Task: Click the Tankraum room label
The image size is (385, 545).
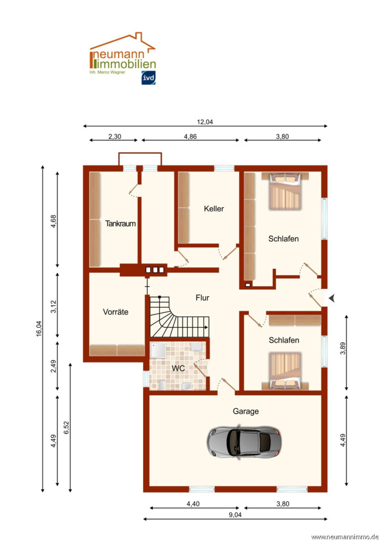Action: coord(120,224)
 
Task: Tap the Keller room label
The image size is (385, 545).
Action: coord(214,208)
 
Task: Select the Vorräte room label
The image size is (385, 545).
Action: coord(116,312)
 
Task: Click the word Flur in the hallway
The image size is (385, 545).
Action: coord(202,298)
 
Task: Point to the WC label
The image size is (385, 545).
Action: coord(178,368)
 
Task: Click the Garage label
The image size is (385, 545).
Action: coord(246,411)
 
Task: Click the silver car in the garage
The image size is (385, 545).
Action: coord(244,442)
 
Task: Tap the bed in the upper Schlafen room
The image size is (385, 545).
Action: coord(285,191)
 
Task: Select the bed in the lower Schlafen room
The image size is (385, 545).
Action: coord(285,371)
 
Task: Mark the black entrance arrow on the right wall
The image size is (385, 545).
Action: coord(332,298)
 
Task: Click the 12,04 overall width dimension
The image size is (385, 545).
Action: coord(205,122)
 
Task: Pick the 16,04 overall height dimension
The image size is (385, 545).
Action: coord(38,329)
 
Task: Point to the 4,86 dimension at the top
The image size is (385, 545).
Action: coord(190,137)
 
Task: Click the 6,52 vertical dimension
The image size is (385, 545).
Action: coord(67,427)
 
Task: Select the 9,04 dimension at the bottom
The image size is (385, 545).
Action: coord(235,515)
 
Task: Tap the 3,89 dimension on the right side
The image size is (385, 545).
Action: coord(343,348)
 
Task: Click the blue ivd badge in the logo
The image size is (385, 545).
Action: coord(148,78)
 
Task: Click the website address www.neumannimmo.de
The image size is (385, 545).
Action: coord(345,537)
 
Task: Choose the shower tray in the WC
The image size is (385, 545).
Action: coord(158,350)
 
